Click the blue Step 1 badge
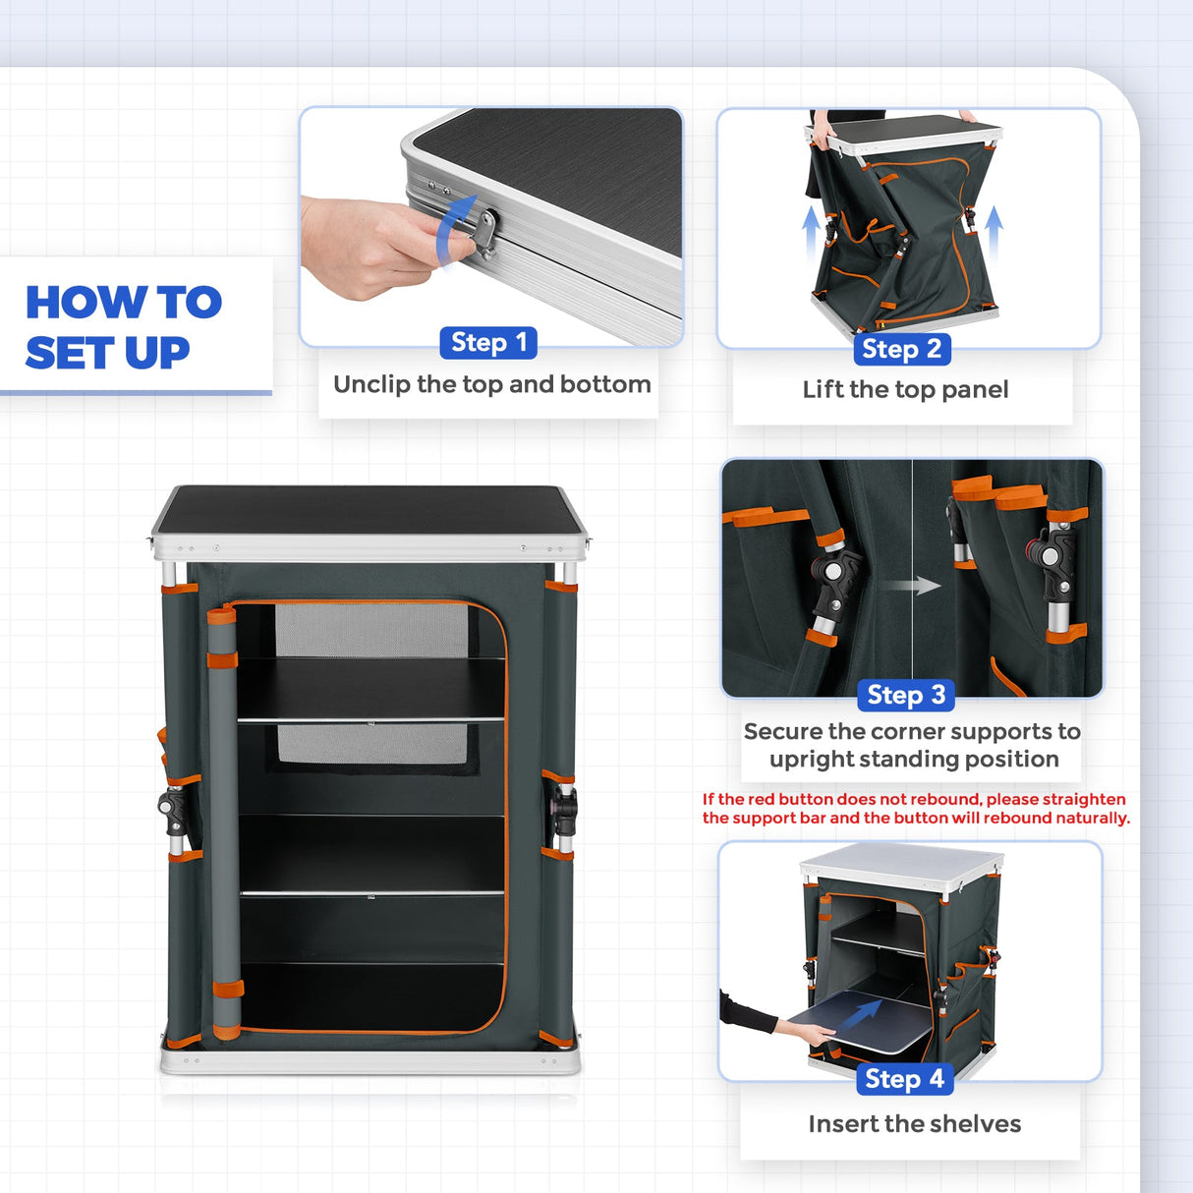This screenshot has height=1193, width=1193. click(488, 342)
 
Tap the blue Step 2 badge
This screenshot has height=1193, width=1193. click(902, 349)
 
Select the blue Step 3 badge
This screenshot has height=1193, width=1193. click(906, 695)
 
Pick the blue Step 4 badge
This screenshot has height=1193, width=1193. click(904, 1078)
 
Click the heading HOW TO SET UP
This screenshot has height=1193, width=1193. click(124, 327)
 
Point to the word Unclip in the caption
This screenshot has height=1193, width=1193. click(372, 384)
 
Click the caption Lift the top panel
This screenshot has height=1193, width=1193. click(905, 390)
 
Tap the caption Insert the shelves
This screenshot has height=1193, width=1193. click(915, 1123)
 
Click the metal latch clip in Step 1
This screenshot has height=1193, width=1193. click(485, 235)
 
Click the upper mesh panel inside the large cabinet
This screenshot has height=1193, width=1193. click(371, 630)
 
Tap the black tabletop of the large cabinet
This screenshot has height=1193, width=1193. click(369, 511)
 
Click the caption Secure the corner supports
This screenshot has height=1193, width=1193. click(913, 745)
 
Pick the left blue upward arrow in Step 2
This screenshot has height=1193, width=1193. click(811, 235)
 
